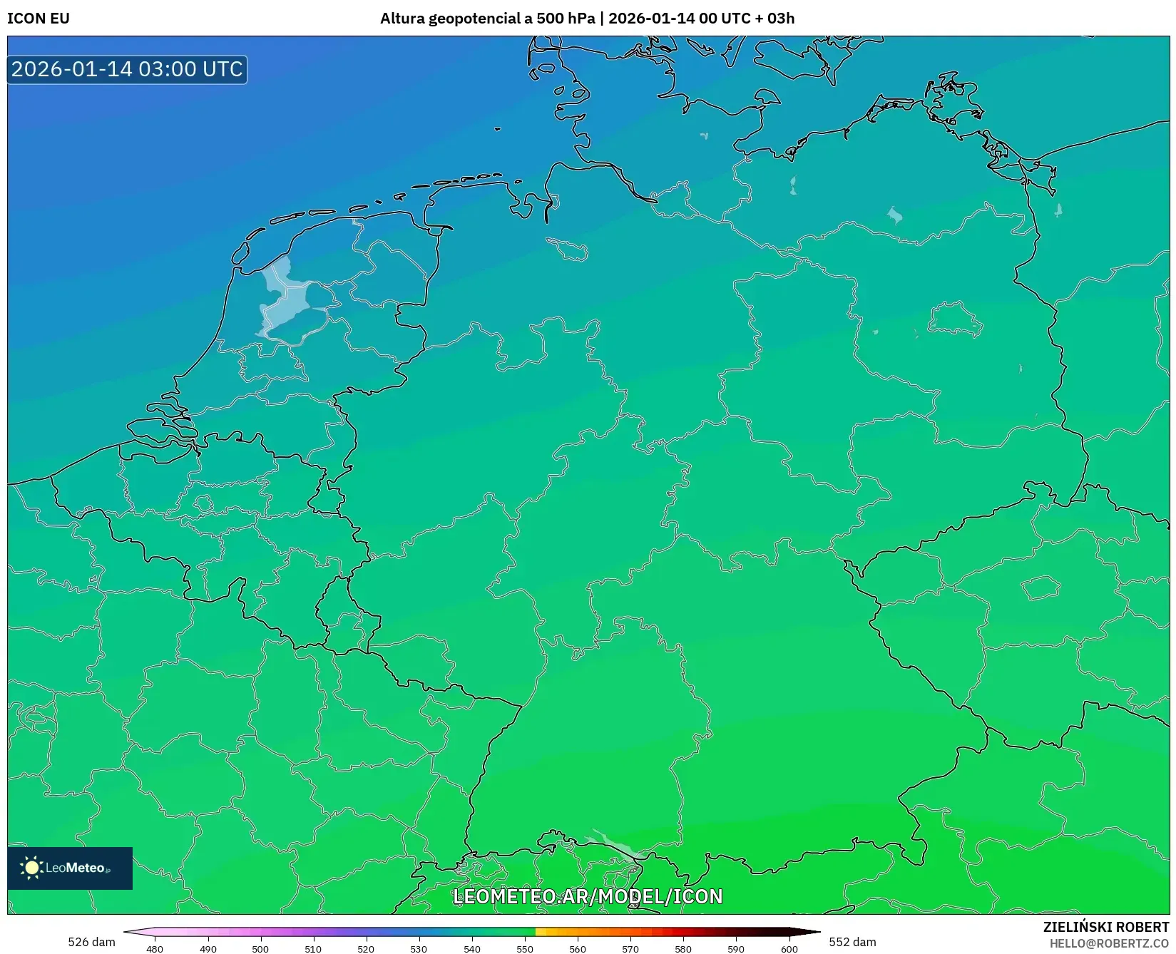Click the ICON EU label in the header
39,19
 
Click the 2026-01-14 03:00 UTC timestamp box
128,69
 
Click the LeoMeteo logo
70,868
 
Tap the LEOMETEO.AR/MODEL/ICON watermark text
588,896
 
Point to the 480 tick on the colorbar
155,948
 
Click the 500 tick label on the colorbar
260,948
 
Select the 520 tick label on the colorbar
366,948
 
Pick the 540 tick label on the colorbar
471,948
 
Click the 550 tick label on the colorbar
525,948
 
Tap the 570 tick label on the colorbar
630,948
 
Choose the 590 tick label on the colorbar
736,948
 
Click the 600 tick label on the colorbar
789,948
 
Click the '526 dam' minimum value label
91,942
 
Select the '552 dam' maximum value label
852,942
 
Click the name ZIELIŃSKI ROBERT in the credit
1106,927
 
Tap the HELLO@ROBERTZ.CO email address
1109,943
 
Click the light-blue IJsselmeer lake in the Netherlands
285,299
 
